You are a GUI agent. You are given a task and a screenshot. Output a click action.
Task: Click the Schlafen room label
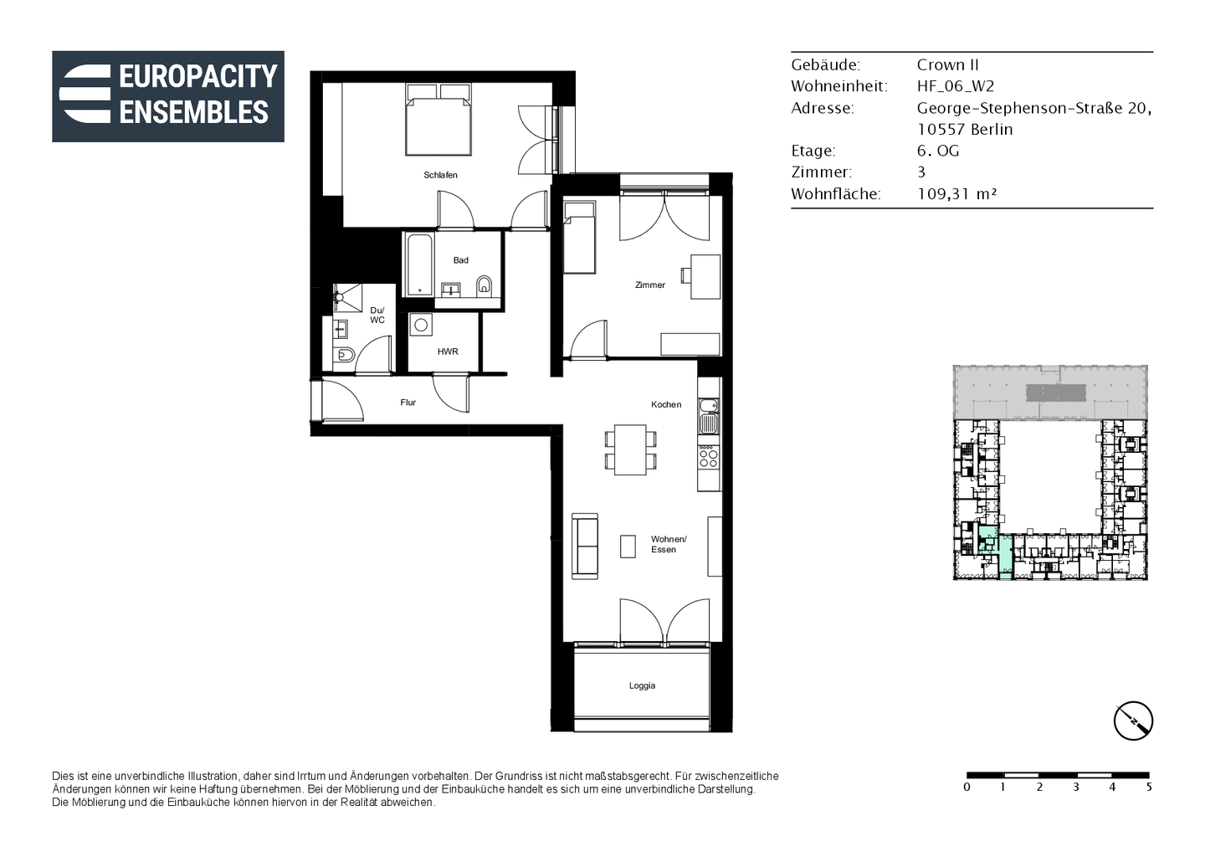pyautogui.click(x=440, y=175)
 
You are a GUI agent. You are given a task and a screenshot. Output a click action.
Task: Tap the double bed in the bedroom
pyautogui.click(x=438, y=120)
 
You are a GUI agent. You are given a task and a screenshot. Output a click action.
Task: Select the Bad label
pyautogui.click(x=460, y=260)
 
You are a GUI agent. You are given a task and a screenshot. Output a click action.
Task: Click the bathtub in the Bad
pyautogui.click(x=419, y=264)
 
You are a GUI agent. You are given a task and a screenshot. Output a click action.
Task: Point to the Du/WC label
pyautogui.click(x=377, y=316)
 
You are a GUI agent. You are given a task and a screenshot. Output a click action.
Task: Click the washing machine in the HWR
pyautogui.click(x=421, y=325)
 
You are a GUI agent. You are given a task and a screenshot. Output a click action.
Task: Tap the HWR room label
pyautogui.click(x=448, y=352)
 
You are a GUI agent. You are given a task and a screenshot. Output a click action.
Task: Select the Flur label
pyautogui.click(x=408, y=403)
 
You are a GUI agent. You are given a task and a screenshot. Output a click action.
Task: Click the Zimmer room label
pyautogui.click(x=650, y=285)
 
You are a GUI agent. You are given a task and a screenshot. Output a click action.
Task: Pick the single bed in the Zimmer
pyautogui.click(x=579, y=237)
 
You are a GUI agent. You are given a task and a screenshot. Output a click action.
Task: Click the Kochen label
pyautogui.click(x=666, y=404)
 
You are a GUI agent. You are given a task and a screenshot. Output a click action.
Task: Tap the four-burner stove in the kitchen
pyautogui.click(x=709, y=457)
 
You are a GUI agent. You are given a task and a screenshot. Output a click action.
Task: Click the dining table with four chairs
pyautogui.click(x=630, y=449)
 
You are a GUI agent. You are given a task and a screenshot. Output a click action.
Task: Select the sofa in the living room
pyautogui.click(x=585, y=546)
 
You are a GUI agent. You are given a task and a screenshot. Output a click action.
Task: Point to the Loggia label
pyautogui.click(x=642, y=685)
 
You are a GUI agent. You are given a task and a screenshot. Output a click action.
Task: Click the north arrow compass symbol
pyautogui.click(x=1133, y=721)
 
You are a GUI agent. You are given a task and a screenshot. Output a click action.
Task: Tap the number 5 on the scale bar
pyautogui.click(x=1149, y=788)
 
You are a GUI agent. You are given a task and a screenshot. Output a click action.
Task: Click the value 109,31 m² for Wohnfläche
pyautogui.click(x=957, y=193)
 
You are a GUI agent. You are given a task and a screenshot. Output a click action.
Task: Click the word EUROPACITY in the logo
pyautogui.click(x=198, y=76)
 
